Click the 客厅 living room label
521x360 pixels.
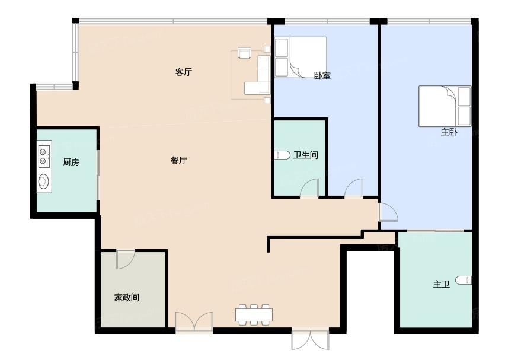pyautogui.click(x=183, y=72)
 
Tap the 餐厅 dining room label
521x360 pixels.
pyautogui.click(x=179, y=161)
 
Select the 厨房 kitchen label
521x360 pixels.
pyautogui.click(x=71, y=163)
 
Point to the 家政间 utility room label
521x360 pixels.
pyautogui.click(x=127, y=297)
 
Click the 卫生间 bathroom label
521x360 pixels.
pyautogui.click(x=306, y=155)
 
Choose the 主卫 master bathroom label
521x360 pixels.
pyautogui.click(x=441, y=284)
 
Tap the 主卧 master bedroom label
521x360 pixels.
pyautogui.click(x=449, y=132)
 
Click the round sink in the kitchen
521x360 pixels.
pyautogui.click(x=44, y=181)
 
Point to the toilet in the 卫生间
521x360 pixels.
pyautogui.click(x=282, y=155)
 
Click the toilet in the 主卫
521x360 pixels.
pyautogui.click(x=464, y=280)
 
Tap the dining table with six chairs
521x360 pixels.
pyautogui.click(x=254, y=314)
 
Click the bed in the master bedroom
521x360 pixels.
pyautogui.click(x=445, y=106)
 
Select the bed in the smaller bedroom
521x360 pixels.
pyautogui.click(x=301, y=57)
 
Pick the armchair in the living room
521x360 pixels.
pyautogui.click(x=244, y=53)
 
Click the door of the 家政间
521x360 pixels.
pyautogui.click(x=125, y=259)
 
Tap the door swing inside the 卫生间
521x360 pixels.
pyautogui.click(x=309, y=188)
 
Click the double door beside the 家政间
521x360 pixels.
pyautogui.click(x=194, y=321)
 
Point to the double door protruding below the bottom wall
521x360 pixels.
pyautogui.click(x=311, y=340)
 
